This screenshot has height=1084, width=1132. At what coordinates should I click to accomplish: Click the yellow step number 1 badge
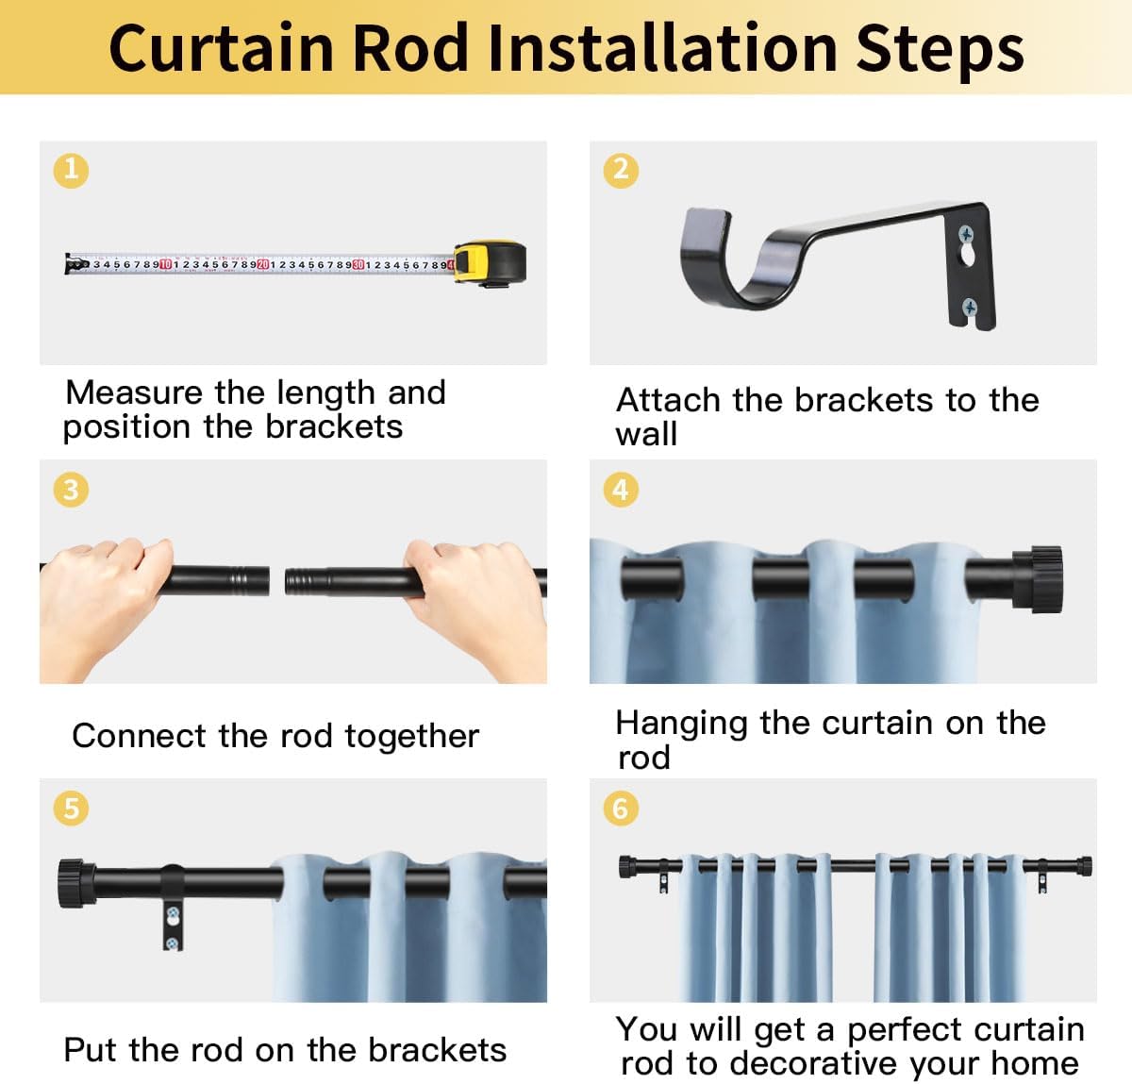pos(71,171)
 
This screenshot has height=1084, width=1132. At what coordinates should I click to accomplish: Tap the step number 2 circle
pos(621,171)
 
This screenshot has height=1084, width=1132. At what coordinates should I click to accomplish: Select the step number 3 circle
pos(71,490)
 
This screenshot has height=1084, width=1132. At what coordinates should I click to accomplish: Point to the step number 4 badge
pos(621,490)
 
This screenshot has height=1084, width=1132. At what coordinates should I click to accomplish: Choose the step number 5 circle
pos(71,809)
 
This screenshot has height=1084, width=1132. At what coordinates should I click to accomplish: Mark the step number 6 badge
pos(621,809)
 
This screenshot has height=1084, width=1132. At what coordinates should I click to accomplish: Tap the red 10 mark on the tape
pos(165,264)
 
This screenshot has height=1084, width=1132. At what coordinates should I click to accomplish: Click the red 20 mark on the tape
pos(263,264)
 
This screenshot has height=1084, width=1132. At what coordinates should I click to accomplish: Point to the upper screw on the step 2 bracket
pos(966,235)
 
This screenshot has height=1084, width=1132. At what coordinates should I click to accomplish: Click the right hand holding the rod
pos(477,605)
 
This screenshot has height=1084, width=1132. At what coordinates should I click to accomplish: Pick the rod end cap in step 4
pos(1038,579)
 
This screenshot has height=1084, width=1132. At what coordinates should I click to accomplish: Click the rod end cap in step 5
pos(76,883)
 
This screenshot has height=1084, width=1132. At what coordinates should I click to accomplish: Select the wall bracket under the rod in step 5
pos(173,908)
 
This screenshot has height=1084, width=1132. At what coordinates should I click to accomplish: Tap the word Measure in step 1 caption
pos(136,392)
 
